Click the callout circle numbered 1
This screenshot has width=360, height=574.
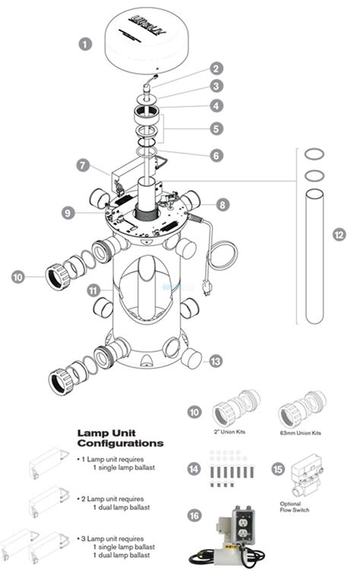click(x=85, y=44)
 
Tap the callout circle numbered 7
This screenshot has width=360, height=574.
click(x=83, y=165)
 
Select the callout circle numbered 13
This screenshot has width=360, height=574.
click(x=216, y=361)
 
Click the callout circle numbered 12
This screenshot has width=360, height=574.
click(x=338, y=235)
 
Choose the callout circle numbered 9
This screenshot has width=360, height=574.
click(x=69, y=214)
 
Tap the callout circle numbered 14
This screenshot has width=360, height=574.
click(x=194, y=470)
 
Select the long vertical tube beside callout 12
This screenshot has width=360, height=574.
click(x=314, y=258)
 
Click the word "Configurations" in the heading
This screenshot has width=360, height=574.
click(x=120, y=442)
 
